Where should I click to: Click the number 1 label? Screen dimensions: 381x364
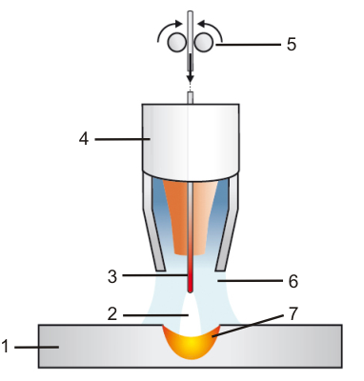click(x=7, y=348)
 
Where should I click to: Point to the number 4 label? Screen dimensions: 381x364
click(x=85, y=138)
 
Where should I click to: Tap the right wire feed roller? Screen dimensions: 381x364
click(x=204, y=44)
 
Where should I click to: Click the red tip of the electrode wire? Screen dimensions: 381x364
click(x=190, y=279)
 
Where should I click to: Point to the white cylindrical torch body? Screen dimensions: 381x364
click(x=190, y=138)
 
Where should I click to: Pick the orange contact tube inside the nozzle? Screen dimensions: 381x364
click(x=176, y=214)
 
